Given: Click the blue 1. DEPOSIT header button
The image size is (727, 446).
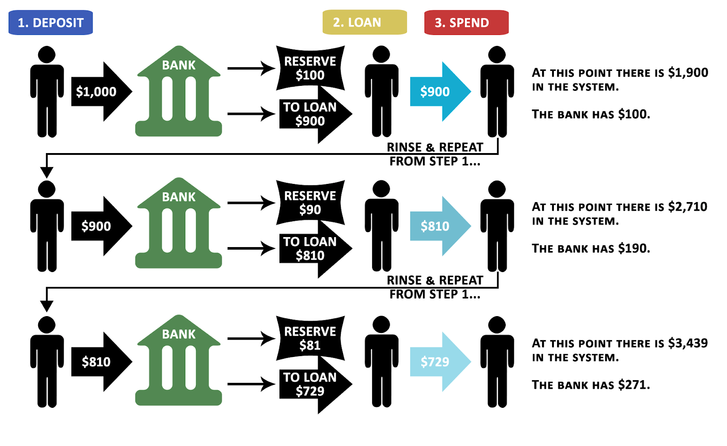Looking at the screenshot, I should pos(50,23).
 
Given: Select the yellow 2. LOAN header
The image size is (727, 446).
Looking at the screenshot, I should pos(364,22).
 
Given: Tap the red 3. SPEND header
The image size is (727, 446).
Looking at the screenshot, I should pos(466,23).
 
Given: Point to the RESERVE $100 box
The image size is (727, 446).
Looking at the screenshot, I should pos(310,68).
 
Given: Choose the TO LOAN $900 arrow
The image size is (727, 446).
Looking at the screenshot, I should pos(314,114).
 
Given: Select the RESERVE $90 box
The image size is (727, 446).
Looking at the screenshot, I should pos(310,203).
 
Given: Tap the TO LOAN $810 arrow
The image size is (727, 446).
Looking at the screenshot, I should pos(314,249).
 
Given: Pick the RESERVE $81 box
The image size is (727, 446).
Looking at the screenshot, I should pos(310,338).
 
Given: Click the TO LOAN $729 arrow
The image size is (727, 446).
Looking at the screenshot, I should pos(314,385).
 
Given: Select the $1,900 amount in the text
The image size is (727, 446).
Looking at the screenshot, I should pos(688,73).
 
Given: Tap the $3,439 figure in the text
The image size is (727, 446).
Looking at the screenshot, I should pos(687,343).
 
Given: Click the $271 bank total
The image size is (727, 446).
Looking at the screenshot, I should pos(633,385).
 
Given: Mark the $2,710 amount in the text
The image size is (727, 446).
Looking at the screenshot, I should pos(687,207).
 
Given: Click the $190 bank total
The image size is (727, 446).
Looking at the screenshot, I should pos(633,248).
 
